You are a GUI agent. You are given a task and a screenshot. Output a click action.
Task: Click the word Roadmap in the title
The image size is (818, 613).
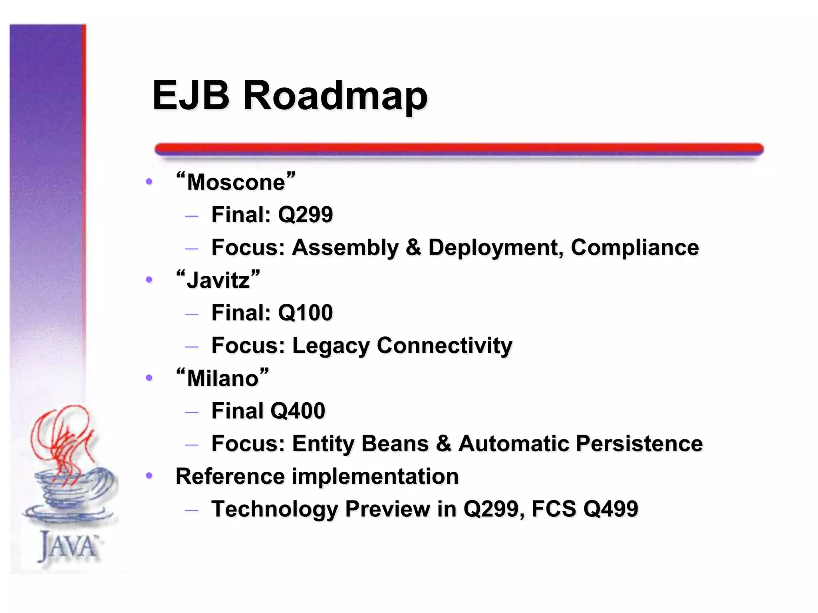coord(336,96)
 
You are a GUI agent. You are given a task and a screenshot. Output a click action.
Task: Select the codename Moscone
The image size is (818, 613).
coord(236,182)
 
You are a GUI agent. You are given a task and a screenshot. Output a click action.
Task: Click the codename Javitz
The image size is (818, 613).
coord(218,280)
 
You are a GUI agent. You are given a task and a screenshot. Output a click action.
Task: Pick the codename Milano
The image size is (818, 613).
coord(222,378)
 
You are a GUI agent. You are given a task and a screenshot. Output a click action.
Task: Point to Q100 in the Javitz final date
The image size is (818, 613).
coord(306,312)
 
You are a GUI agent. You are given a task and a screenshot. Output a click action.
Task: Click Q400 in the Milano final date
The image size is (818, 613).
coord(298,411)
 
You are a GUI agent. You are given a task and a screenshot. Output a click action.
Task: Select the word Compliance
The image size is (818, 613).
coord(635,247)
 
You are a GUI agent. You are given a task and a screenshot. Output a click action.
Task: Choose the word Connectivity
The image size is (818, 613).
coord(444,346)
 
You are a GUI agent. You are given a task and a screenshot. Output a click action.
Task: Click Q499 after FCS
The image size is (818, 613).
coord(611,509)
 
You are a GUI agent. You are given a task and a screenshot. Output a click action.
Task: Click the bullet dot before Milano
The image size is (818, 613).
coord(149,378)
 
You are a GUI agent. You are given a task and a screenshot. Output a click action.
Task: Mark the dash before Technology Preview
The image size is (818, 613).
coord(192,510)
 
